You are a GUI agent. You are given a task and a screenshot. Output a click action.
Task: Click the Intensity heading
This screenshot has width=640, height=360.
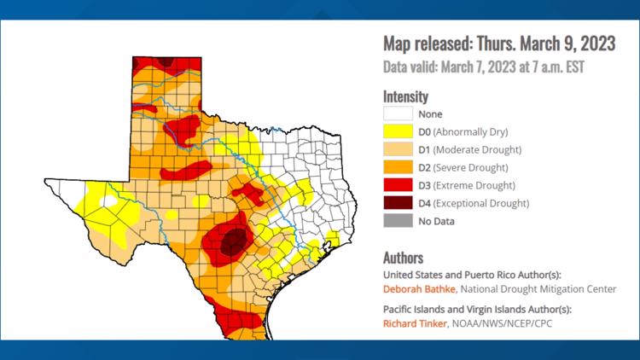[x=405, y=96]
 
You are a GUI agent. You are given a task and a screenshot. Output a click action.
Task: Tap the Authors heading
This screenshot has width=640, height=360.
[x=403, y=258]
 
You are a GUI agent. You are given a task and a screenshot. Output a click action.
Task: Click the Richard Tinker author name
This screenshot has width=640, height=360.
[x=411, y=324]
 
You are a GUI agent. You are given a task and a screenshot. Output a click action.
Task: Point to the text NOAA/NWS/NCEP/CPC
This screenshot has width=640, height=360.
[x=490, y=324]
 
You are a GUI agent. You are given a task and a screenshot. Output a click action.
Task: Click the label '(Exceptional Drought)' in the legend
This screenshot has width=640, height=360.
[x=482, y=203]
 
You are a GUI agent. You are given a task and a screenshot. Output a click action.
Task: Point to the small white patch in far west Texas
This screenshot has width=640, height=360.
[x=107, y=201]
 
